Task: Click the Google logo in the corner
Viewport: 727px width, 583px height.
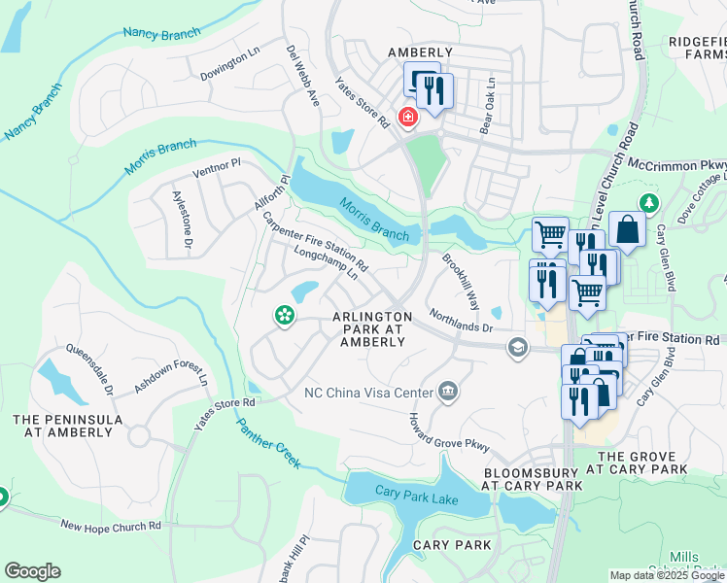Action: [32, 571]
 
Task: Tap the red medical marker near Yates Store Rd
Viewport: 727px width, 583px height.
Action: [407, 119]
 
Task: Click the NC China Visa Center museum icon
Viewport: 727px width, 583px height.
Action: [447, 392]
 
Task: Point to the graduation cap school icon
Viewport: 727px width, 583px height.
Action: [519, 348]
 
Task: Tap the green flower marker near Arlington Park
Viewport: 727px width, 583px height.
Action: [284, 315]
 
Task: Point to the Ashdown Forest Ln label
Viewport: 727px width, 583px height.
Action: [170, 384]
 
